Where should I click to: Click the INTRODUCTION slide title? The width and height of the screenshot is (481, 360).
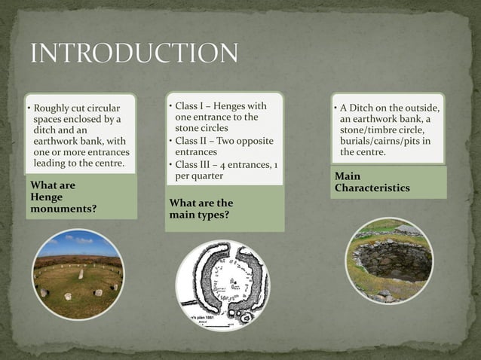(x=135, y=54)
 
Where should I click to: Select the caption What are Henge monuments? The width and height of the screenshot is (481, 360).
(x=63, y=197)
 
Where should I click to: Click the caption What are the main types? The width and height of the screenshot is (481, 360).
(x=201, y=209)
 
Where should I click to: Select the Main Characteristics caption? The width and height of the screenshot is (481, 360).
(x=372, y=182)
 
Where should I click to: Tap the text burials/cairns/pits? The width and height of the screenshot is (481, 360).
(x=385, y=141)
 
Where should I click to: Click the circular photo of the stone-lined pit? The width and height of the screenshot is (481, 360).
(x=389, y=260)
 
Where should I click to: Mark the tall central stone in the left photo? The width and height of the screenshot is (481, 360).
(x=81, y=274)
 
